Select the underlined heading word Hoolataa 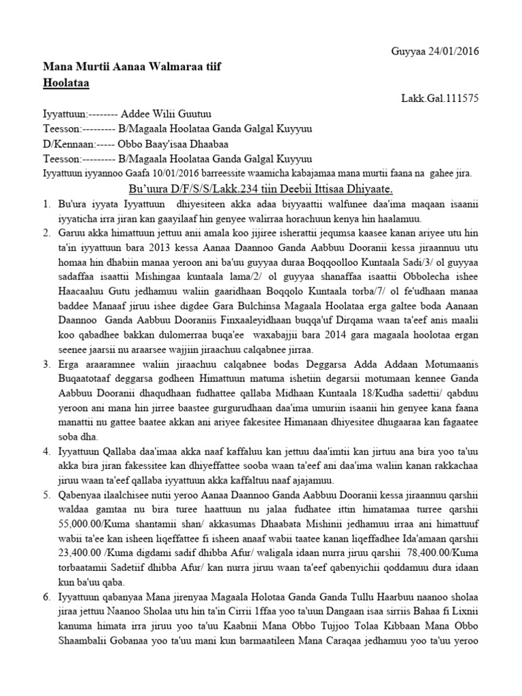click(x=67, y=82)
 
